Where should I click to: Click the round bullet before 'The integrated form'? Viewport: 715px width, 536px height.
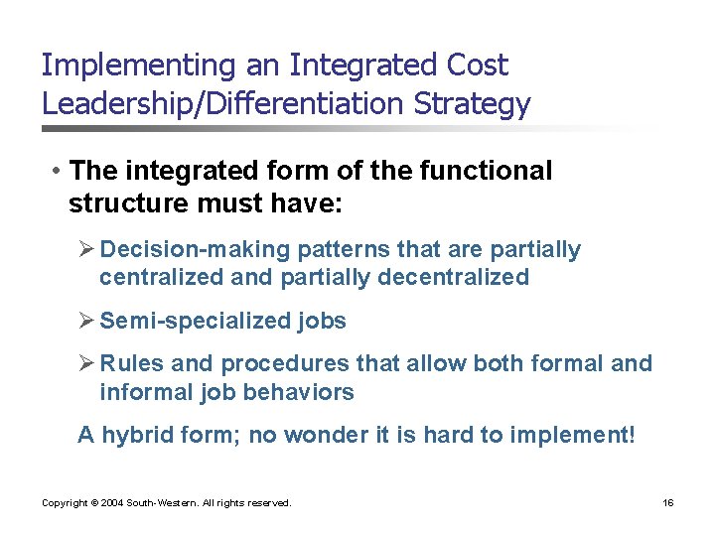pos(60,172)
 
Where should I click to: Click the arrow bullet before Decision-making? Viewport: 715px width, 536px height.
pos(86,249)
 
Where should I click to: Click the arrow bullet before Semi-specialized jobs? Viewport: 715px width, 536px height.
pos(86,321)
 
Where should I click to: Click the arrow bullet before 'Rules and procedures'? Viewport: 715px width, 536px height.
pos(86,363)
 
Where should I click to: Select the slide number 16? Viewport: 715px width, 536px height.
pos(667,503)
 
